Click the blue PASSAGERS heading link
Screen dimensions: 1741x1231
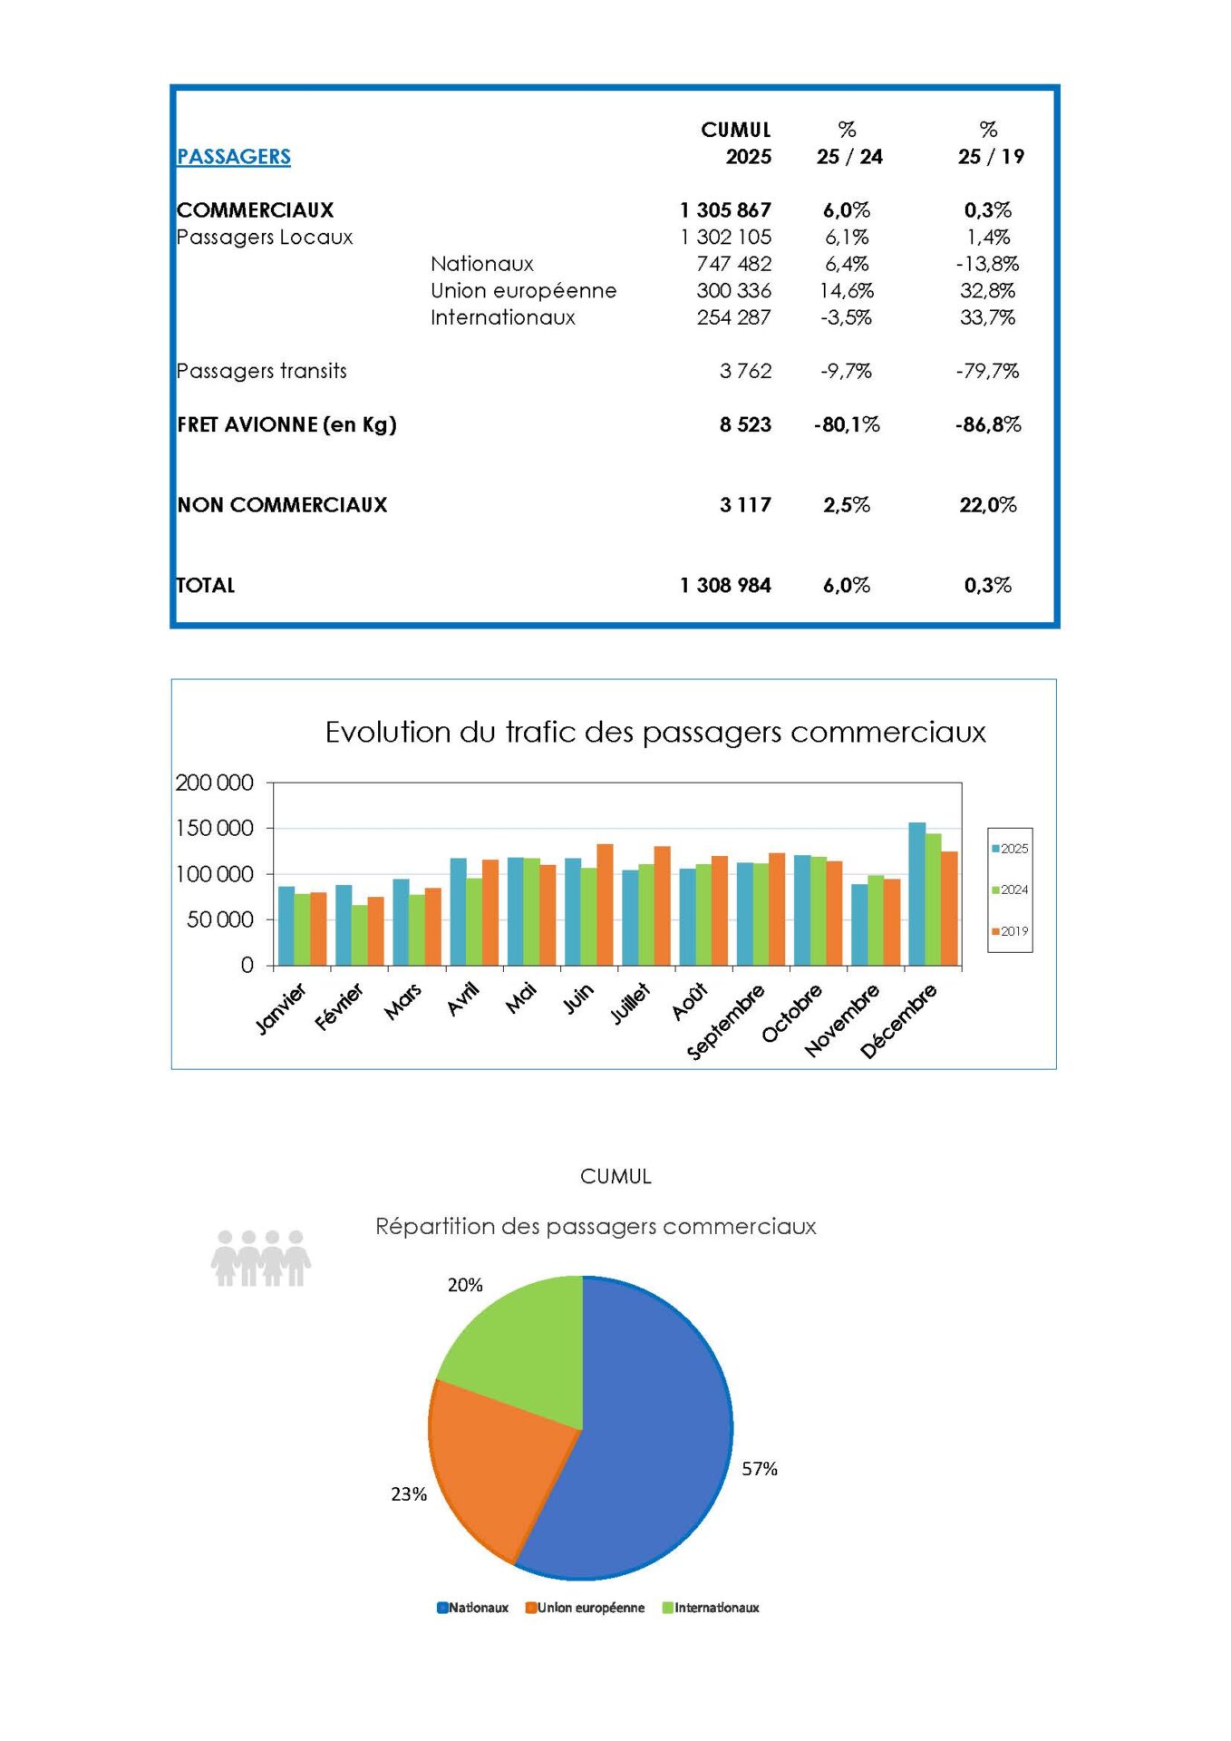point(233,157)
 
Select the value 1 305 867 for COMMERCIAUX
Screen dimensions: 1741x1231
point(725,210)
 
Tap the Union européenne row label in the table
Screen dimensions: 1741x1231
point(523,291)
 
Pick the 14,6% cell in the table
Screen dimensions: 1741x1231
point(847,291)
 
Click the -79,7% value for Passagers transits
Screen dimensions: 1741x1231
point(987,371)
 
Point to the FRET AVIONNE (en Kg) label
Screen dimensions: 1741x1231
point(286,424)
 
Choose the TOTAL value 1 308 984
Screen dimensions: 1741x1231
point(725,586)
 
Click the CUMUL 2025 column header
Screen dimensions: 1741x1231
point(736,143)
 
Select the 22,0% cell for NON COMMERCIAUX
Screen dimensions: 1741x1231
point(988,505)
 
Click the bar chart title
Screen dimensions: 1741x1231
point(654,733)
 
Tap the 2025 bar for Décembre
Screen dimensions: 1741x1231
point(916,893)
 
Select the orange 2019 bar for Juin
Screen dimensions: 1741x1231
point(605,904)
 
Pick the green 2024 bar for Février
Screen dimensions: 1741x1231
point(360,934)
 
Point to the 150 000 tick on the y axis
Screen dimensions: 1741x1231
point(214,828)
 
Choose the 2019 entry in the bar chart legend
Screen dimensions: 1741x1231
point(1010,931)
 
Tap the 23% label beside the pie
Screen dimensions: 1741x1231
point(409,1494)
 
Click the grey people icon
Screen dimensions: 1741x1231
point(261,1259)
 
